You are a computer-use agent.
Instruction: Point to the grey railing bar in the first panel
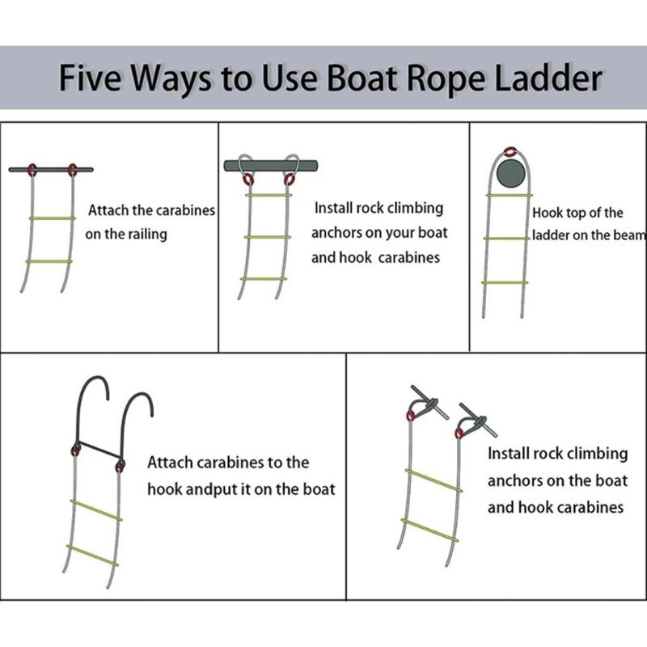coord(50,170)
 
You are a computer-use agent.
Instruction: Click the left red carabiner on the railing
coord(33,170)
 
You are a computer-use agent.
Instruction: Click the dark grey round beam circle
coord(510,174)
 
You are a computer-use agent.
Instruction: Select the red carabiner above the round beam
coord(510,151)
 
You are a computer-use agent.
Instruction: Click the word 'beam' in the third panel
coord(632,235)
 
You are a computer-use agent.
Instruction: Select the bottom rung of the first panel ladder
coord(49,262)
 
